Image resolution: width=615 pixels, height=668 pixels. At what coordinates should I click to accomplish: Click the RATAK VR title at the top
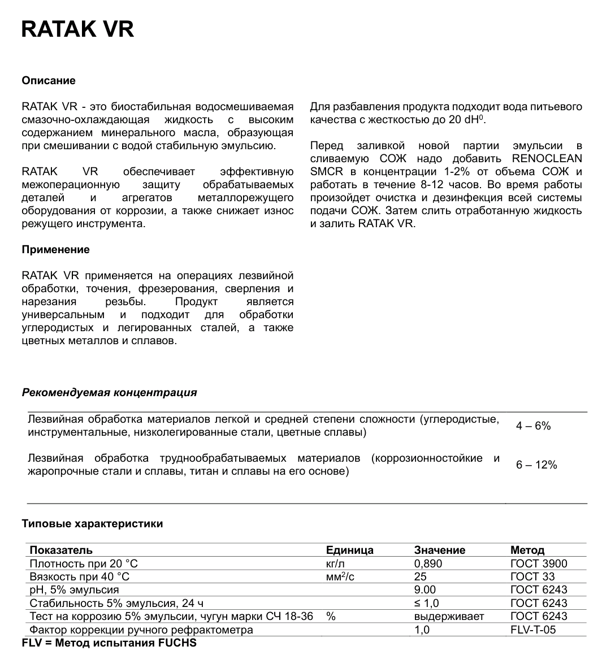77,29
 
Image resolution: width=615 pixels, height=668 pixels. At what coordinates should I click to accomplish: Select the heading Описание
48,81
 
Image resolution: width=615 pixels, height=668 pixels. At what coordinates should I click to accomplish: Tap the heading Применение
55,250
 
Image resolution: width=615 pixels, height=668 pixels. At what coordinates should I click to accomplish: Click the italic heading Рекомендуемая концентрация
109,393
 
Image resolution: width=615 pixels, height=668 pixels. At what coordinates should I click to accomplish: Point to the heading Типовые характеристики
92,524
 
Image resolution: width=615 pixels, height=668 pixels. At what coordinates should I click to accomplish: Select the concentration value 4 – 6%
533,426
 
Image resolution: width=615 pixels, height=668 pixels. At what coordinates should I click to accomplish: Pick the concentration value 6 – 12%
536,465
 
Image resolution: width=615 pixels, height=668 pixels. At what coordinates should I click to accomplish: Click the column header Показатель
61,550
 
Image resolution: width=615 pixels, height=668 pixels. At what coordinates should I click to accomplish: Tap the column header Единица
349,550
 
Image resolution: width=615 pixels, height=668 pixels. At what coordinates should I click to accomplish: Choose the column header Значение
439,550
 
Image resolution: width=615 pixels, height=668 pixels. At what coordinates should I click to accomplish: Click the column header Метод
527,550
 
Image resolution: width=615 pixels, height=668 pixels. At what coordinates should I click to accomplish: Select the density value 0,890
428,563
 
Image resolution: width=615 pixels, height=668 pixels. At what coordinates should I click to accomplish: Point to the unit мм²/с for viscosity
340,576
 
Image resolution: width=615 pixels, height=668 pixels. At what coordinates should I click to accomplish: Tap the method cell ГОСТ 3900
538,563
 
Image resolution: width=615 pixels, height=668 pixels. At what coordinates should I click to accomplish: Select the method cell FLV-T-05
532,630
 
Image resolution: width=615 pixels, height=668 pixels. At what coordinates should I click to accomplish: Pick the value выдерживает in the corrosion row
449,616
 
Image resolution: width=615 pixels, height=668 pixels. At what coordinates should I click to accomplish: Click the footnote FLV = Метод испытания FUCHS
109,643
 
